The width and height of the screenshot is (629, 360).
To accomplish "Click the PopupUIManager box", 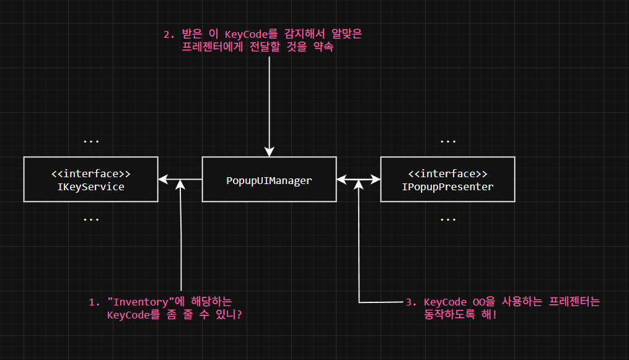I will (269, 180).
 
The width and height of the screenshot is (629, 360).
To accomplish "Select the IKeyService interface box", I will (90, 180).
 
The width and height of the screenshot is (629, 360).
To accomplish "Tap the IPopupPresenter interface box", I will (447, 180).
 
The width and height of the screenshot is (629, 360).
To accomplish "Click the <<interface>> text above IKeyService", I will (90, 173).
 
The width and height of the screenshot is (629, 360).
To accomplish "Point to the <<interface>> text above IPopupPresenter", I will (447, 173).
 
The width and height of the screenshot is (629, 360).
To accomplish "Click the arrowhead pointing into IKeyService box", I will (162, 180).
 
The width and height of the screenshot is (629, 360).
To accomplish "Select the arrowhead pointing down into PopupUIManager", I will (269, 152).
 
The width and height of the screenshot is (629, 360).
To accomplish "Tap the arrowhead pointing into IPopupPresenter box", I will (376, 180).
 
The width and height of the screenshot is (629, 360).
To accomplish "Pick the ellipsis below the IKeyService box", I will (91, 220).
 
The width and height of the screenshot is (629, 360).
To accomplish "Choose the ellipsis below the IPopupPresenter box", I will (447, 220).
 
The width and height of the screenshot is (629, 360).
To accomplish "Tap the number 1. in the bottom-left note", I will (94, 302).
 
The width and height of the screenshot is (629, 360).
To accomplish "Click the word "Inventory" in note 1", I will (141, 302).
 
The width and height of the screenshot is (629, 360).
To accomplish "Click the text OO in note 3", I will (478, 302).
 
